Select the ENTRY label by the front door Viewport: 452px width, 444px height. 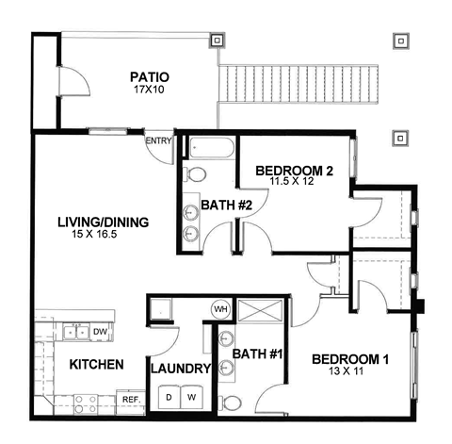157,141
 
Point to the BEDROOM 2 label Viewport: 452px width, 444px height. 295,171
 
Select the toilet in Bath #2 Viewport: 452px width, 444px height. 194,174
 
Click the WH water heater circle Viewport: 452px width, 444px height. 222,308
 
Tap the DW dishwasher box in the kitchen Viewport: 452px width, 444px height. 100,331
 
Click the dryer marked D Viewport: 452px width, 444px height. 169,397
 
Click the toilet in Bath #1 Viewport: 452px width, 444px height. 231,403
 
